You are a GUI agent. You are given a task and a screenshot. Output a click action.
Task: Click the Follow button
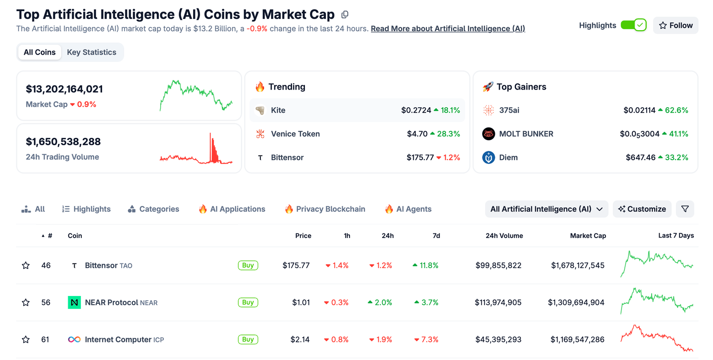675,26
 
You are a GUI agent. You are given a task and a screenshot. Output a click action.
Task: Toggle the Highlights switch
633,25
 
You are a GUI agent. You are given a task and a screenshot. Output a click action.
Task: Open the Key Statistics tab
91,52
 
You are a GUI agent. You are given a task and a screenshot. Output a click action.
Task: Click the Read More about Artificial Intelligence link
447,29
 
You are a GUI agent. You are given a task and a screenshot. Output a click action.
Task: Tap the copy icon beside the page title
344,15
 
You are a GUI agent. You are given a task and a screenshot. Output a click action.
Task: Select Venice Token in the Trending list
296,134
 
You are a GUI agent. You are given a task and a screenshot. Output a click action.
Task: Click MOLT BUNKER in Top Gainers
526,134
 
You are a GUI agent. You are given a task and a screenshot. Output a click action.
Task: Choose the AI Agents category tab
408,209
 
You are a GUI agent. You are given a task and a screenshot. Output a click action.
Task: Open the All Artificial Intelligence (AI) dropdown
546,209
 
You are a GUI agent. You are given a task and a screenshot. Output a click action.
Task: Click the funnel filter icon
685,209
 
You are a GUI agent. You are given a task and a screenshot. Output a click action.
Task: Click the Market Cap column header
588,236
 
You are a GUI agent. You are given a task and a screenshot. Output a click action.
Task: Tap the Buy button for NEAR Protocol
248,302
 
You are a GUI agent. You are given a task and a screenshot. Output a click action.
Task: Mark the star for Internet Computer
26,340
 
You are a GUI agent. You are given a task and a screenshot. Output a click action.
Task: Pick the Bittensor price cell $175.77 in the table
296,265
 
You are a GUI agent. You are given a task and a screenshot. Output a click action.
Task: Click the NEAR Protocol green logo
74,302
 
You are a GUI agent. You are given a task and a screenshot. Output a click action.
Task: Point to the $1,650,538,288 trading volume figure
63,141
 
